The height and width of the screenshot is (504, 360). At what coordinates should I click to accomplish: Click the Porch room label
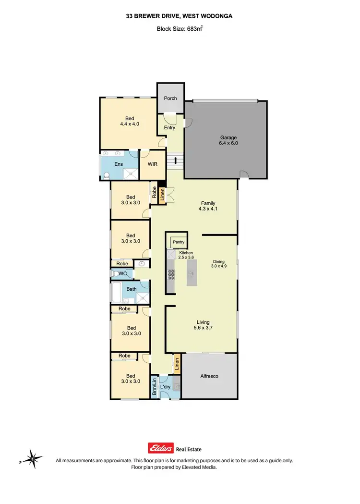[170, 98]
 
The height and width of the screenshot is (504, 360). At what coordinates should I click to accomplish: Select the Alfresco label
[209, 376]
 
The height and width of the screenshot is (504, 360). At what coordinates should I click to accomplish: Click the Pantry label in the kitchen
[179, 242]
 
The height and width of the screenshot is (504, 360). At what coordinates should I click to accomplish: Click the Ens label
[119, 164]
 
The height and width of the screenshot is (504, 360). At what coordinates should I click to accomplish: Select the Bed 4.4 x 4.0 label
[130, 121]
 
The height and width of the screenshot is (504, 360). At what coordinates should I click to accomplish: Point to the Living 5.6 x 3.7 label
[204, 325]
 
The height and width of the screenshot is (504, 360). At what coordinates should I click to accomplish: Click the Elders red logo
[161, 449]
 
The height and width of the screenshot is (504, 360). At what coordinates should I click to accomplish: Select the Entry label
[169, 128]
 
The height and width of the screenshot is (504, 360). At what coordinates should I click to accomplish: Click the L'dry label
[165, 387]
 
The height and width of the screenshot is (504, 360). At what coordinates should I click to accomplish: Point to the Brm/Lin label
[155, 386]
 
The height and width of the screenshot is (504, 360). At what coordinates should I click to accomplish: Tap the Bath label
[132, 289]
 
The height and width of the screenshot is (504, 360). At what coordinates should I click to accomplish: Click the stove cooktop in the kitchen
[171, 274]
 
